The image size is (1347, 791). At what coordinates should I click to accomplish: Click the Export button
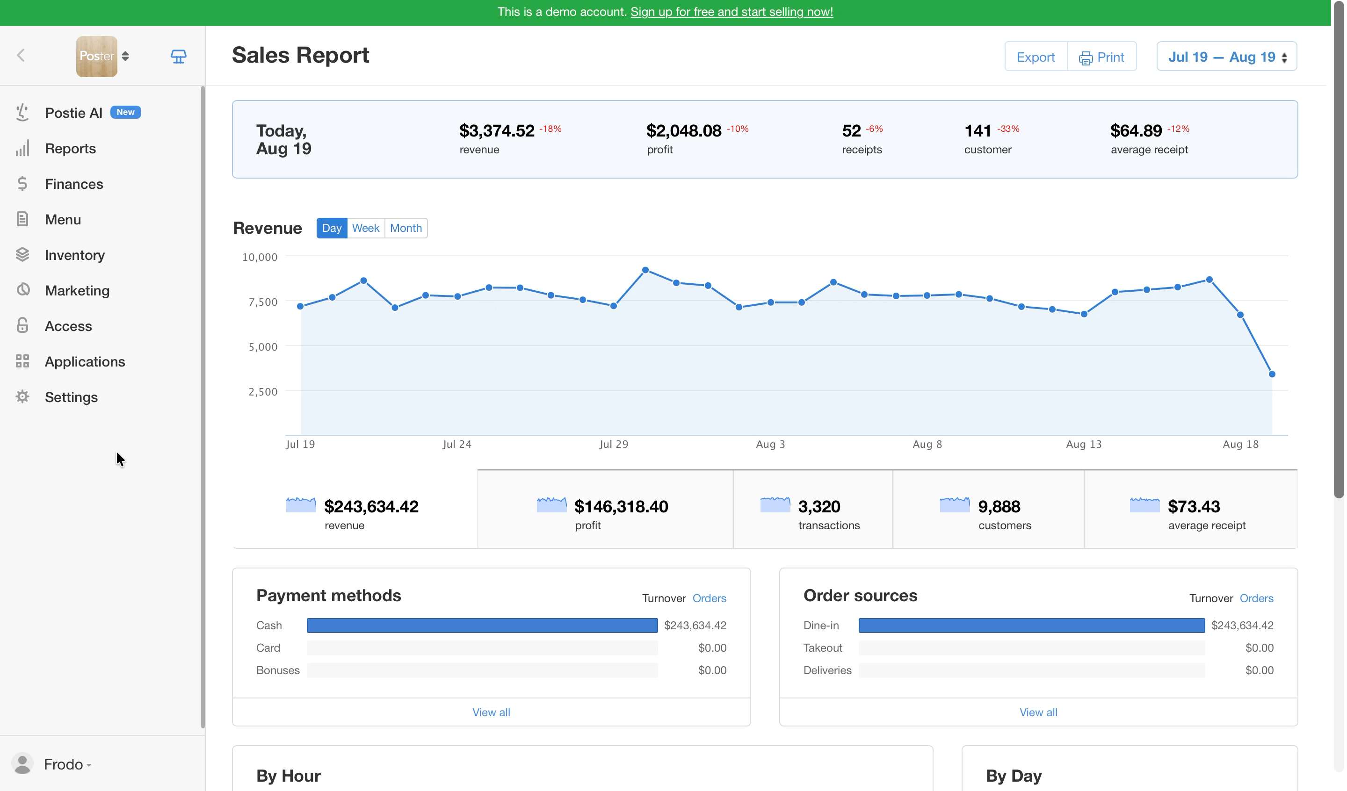(1036, 57)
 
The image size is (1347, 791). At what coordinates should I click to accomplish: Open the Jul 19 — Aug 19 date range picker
(1227, 57)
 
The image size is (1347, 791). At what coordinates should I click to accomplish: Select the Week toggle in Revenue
(366, 228)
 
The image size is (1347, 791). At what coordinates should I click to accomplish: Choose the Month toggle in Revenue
(406, 228)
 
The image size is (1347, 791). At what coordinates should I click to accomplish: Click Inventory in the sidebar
(74, 255)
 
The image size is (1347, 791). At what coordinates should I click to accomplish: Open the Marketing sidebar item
(77, 290)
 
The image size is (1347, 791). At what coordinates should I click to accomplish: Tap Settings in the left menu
(71, 397)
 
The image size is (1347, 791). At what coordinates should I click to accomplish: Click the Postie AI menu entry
(73, 113)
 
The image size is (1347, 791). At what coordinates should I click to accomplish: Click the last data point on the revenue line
(1272, 374)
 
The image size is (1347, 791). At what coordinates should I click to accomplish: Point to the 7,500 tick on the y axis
(263, 302)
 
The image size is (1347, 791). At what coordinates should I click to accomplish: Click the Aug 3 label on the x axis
(770, 444)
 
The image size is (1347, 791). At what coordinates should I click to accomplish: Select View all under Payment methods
(491, 712)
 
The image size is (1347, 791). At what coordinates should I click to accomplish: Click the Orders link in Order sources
(1257, 598)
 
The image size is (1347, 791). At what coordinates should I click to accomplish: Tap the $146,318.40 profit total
(621, 506)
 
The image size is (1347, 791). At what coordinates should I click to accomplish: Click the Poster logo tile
(97, 57)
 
